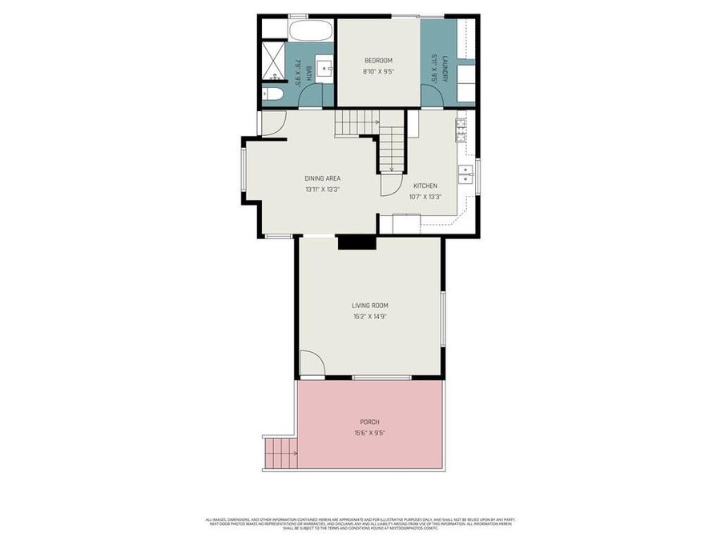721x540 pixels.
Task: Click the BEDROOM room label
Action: coord(378,61)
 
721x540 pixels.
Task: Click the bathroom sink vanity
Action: coord(324,68)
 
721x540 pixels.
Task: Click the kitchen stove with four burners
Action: coord(461,129)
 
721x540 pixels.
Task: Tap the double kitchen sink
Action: coord(465,174)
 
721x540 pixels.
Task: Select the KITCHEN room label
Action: coord(425,186)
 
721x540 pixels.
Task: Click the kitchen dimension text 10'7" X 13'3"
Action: coord(425,196)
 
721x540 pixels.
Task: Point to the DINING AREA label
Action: coord(323,178)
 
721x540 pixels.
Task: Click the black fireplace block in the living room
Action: coord(356,242)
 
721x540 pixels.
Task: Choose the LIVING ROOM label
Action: coord(369,305)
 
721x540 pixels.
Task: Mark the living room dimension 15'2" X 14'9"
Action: coord(369,315)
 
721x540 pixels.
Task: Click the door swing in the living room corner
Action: coord(311,365)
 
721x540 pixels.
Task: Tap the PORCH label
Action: coord(369,422)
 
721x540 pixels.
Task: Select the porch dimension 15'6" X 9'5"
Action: coord(369,433)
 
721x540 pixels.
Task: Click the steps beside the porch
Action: coord(280,453)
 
